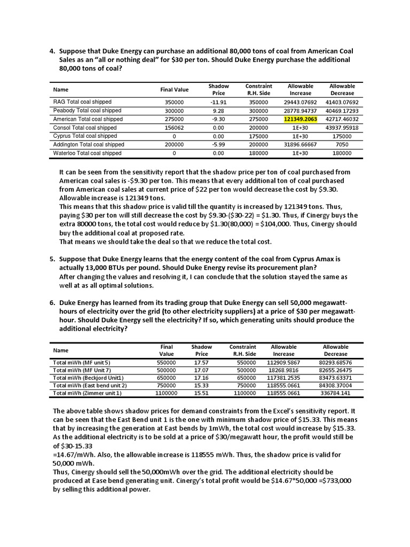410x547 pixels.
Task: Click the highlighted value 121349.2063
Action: click(x=301, y=119)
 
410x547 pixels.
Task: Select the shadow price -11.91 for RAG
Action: click(x=219, y=102)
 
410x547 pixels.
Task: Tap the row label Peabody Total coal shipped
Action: click(x=87, y=111)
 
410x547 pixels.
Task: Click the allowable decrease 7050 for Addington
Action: click(x=342, y=145)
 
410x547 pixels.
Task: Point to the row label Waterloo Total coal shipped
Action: click(x=88, y=153)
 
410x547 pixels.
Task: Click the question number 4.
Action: click(x=52, y=51)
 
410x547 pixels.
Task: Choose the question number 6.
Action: click(x=52, y=302)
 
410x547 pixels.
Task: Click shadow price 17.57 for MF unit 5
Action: click(x=201, y=362)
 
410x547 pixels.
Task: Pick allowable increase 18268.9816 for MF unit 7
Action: click(x=283, y=370)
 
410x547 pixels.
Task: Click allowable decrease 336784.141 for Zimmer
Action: click(x=335, y=393)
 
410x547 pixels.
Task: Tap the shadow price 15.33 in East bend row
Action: click(x=201, y=385)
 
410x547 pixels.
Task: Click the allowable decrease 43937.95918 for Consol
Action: click(x=342, y=128)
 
